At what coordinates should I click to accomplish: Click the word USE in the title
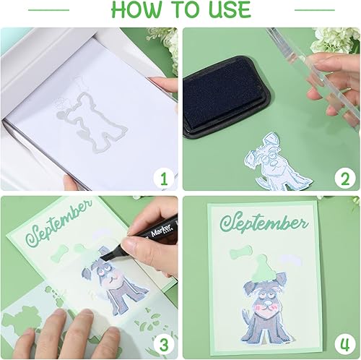(226, 10)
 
